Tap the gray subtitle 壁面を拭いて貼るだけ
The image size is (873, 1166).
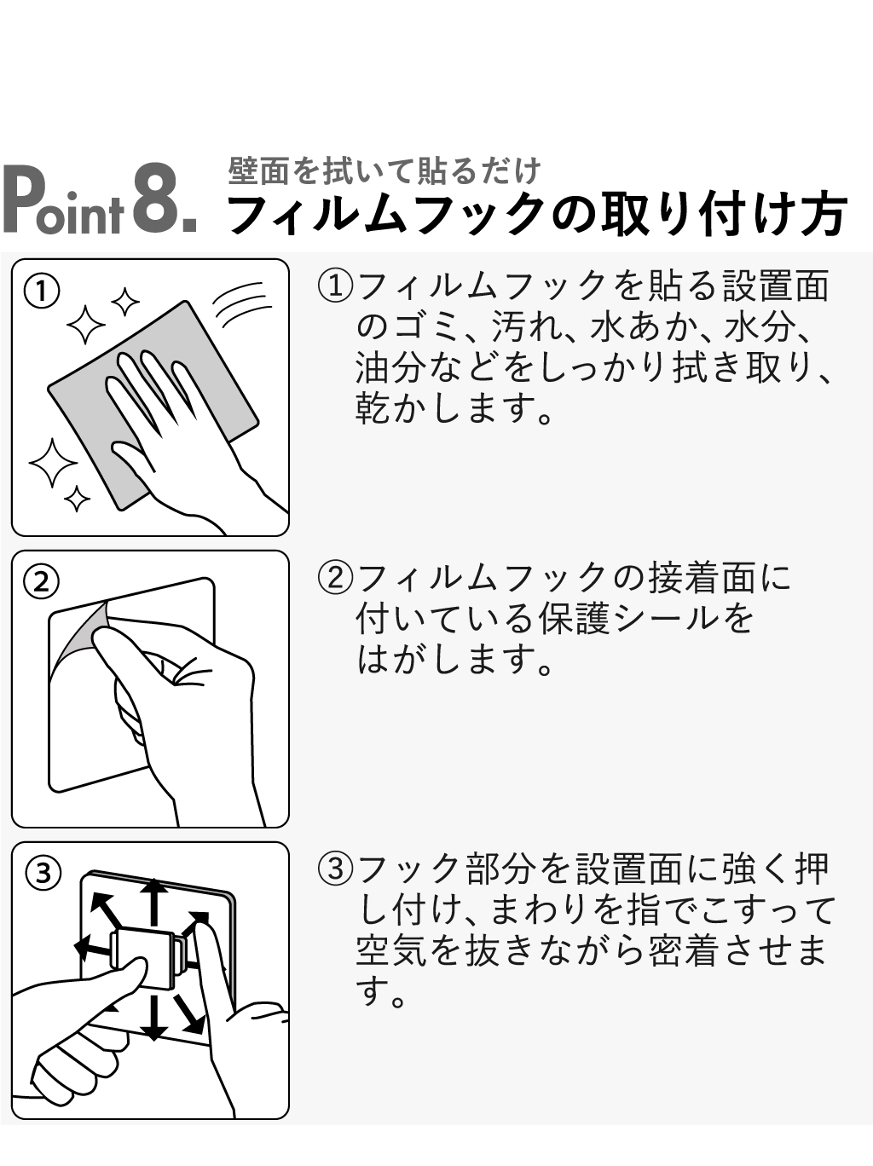click(x=384, y=171)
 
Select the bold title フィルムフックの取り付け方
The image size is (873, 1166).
click(x=536, y=215)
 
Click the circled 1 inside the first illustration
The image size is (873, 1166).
click(x=42, y=291)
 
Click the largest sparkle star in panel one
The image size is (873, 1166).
click(x=53, y=462)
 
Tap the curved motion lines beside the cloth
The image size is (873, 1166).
click(x=242, y=305)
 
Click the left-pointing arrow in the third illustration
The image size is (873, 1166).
click(x=93, y=946)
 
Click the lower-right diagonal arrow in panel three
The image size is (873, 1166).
click(x=190, y=1013)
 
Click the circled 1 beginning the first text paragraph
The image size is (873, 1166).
click(x=335, y=286)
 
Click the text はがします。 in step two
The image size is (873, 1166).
click(x=454, y=661)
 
